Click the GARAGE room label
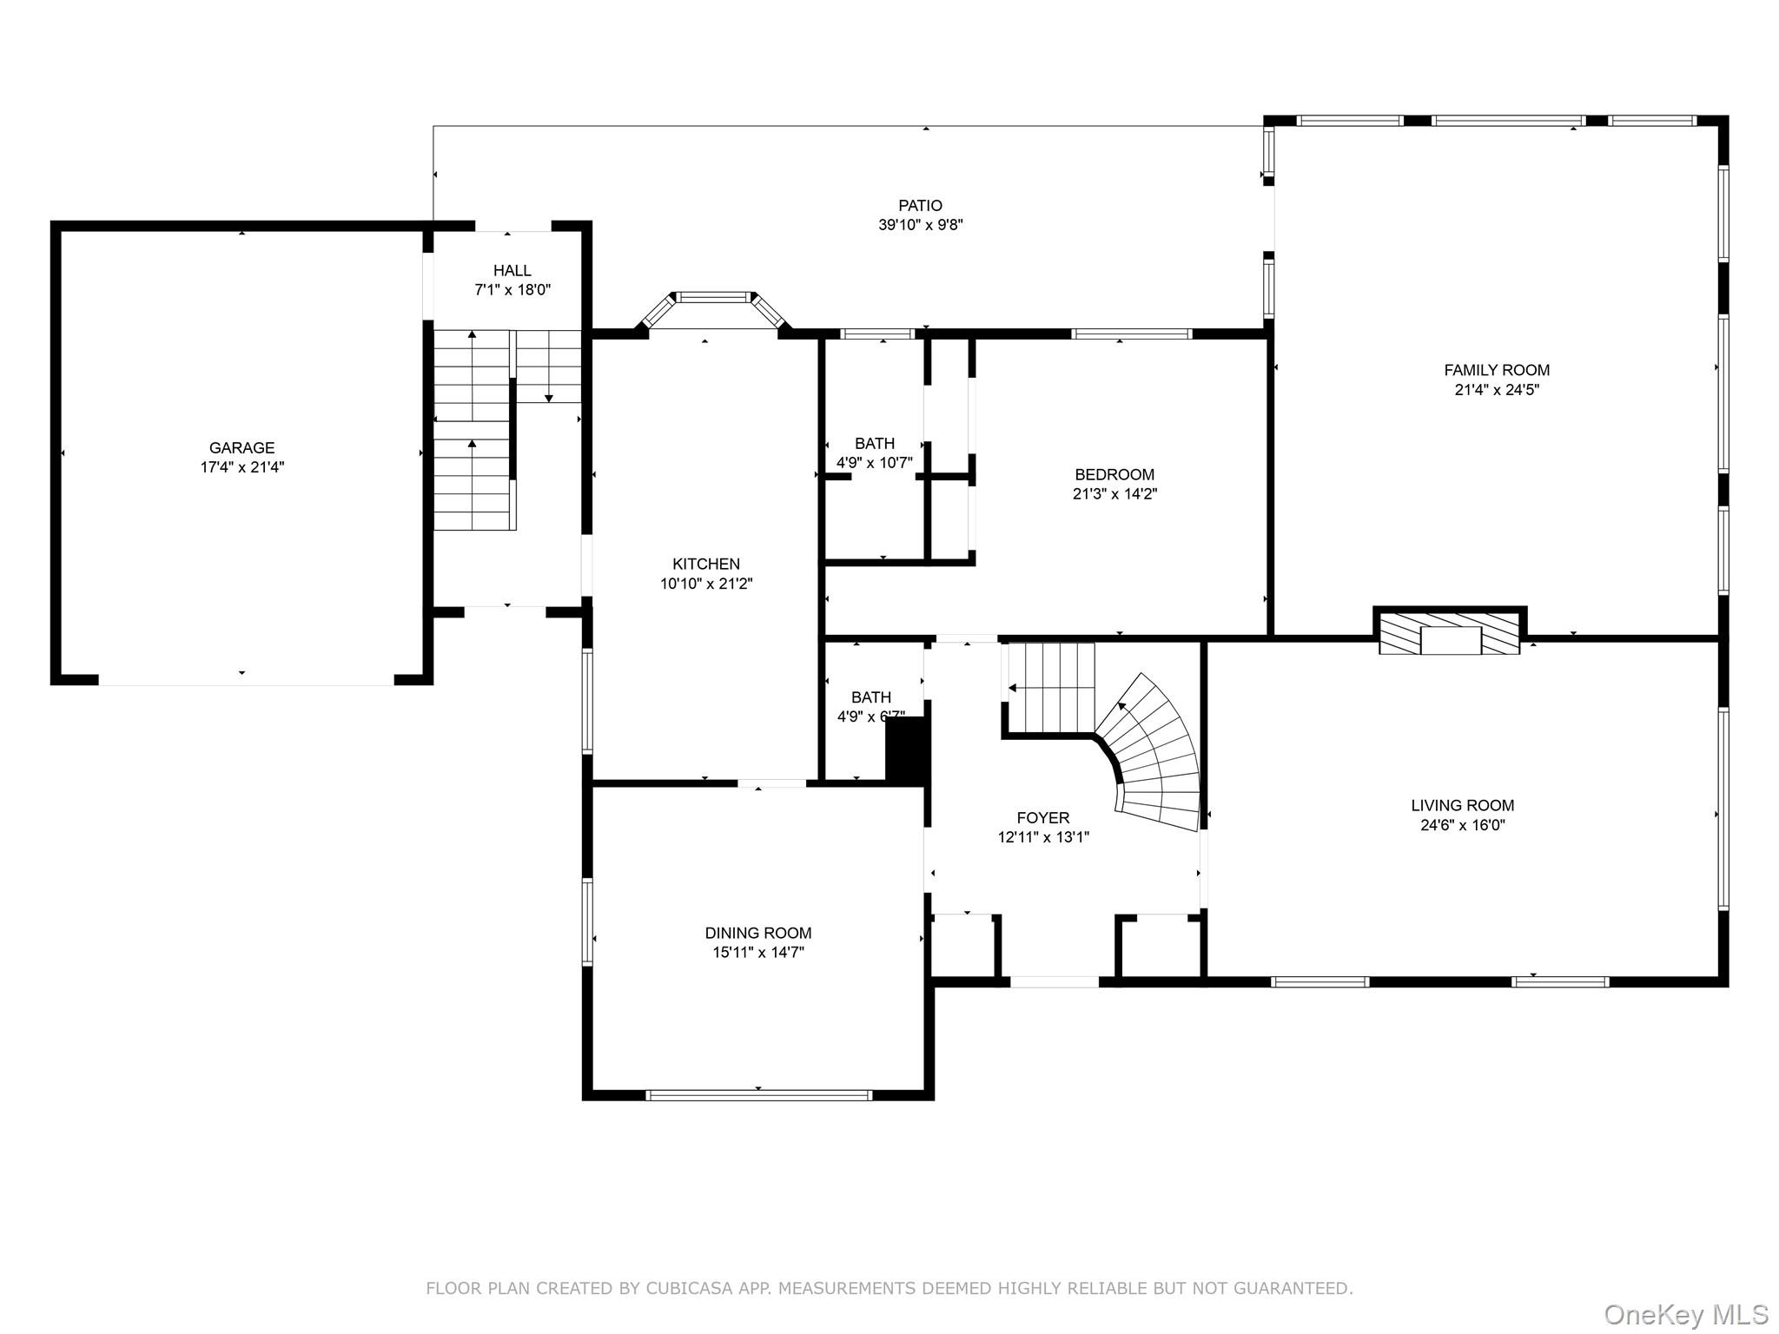point(241,448)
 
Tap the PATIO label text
point(920,206)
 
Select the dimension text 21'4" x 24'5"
point(1497,390)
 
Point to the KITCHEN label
point(706,565)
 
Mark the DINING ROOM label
point(758,934)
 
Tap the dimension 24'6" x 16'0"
point(1463,825)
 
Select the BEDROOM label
point(1114,475)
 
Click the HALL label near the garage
point(513,271)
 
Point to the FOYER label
point(1043,818)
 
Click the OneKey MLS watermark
point(1686,1315)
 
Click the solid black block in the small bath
point(907,749)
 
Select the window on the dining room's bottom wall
point(758,1095)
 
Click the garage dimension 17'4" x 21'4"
point(241,467)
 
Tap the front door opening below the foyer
point(1055,982)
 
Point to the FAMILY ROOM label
point(1497,371)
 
